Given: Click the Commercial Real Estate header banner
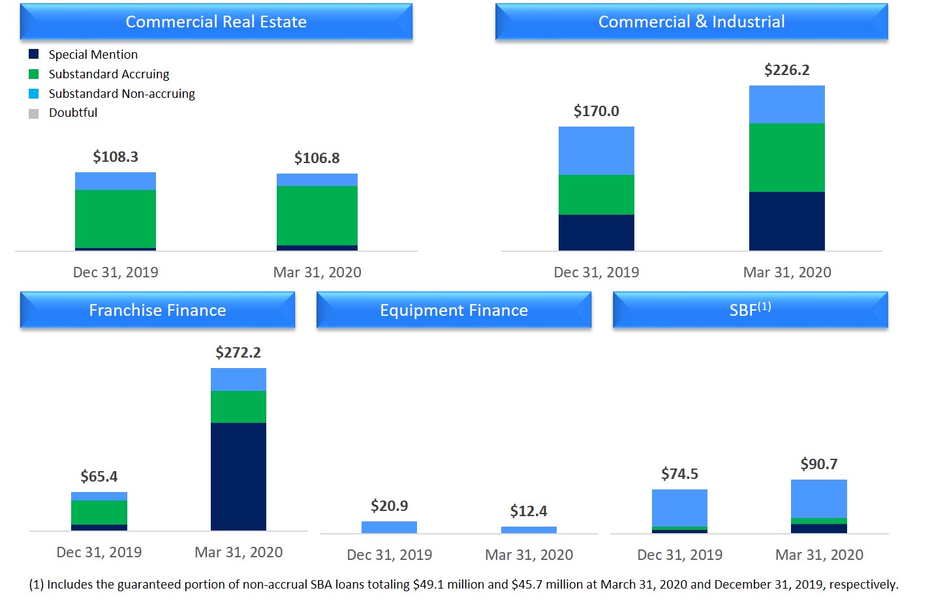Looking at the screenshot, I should pos(216,22).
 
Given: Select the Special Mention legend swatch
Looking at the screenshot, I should pos(34,54).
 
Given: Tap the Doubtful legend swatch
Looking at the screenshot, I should pos(34,114).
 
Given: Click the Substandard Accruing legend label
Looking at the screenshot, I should pos(109,74).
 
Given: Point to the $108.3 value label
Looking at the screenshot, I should pos(116,157).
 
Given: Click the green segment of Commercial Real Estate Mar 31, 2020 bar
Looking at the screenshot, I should pos(317,215).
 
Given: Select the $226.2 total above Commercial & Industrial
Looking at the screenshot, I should pos(786,70).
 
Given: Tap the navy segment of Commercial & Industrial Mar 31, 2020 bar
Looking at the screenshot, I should pos(786,221).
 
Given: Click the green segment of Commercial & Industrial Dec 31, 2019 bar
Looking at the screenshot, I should pos(596,194).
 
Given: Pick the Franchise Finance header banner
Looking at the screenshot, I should pos(157,310).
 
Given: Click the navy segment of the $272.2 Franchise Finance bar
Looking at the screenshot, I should pos(238,476).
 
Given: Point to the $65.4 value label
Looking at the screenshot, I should pos(99,476).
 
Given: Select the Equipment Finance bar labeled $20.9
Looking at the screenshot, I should pos(389,527).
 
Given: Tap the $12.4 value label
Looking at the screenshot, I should pos(529,511).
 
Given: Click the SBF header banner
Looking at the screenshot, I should pos(750,309).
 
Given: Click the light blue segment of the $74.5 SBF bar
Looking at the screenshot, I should pos(679,508).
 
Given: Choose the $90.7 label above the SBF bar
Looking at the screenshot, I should pos(819,464).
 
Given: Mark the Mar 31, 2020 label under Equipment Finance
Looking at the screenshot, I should pos(529,555).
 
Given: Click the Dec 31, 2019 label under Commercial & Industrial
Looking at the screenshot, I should pos(596,272).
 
